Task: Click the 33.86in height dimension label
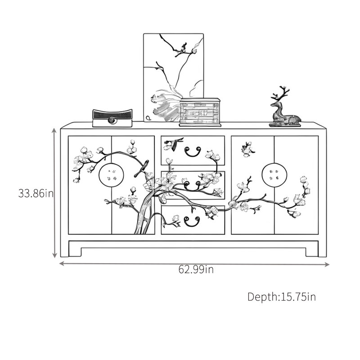36,193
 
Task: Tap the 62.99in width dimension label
196,269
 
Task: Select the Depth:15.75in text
282,297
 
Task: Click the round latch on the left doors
111,175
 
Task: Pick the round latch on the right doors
274,175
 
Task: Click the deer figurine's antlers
282,94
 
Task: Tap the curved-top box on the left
112,118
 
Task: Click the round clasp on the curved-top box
112,120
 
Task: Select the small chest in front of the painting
200,112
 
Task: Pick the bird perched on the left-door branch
141,169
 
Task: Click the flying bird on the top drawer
173,144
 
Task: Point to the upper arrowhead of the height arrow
54,130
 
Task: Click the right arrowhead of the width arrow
327,265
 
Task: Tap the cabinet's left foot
75,252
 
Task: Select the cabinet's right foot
312,252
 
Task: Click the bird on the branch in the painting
184,47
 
